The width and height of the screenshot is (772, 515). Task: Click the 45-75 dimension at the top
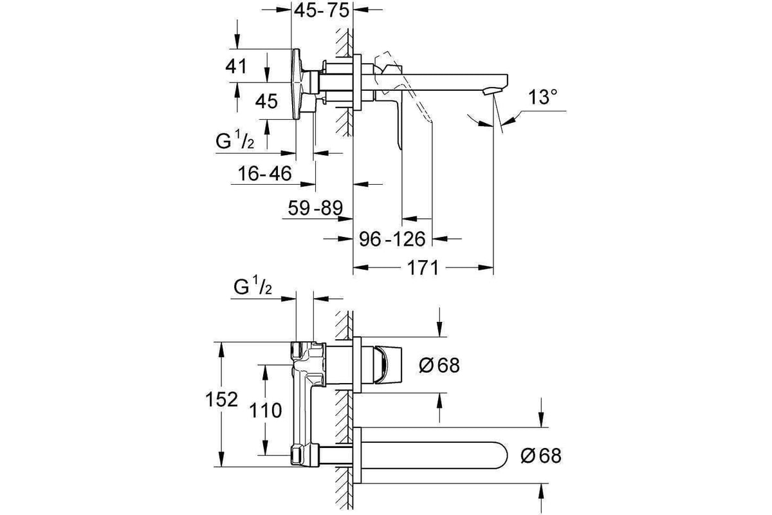322,10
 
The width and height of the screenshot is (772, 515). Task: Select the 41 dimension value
236,66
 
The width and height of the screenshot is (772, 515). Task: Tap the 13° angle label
542,97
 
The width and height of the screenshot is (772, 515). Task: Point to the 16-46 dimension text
264,173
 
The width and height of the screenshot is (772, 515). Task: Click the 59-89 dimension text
315,208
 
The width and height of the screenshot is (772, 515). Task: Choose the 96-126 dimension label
392,239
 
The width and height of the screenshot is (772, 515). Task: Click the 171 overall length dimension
423,268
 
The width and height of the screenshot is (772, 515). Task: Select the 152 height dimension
221,400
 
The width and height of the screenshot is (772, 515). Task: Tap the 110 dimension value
265,411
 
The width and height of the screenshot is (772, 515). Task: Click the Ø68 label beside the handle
439,365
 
